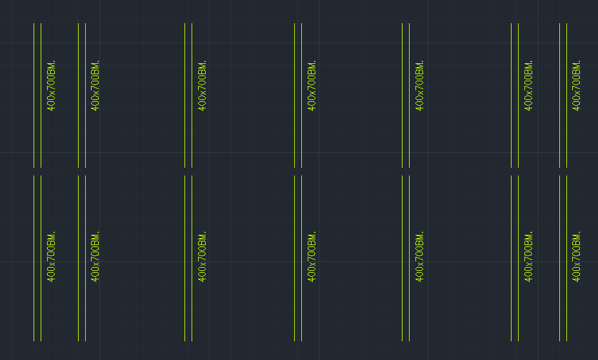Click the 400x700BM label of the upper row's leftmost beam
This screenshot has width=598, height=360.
coord(51,85)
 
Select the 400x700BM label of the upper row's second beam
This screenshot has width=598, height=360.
coord(95,85)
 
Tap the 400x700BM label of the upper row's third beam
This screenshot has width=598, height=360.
coord(202,85)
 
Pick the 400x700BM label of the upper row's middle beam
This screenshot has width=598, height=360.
coord(312,85)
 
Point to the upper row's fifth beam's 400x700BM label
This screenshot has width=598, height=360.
coord(419,85)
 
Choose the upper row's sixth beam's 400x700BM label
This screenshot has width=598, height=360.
coord(528,85)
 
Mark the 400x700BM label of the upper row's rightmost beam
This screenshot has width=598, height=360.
coord(576,85)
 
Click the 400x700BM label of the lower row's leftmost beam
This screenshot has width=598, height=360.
coord(51,256)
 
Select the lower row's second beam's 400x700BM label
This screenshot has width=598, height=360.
coord(95,256)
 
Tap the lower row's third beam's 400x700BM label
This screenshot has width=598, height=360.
coord(202,256)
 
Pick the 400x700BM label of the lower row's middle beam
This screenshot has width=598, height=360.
coord(312,256)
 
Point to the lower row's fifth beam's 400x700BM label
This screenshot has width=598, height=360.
coord(419,256)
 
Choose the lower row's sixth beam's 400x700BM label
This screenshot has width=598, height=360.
coord(528,256)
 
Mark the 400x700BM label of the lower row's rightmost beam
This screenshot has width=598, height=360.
coord(576,256)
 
